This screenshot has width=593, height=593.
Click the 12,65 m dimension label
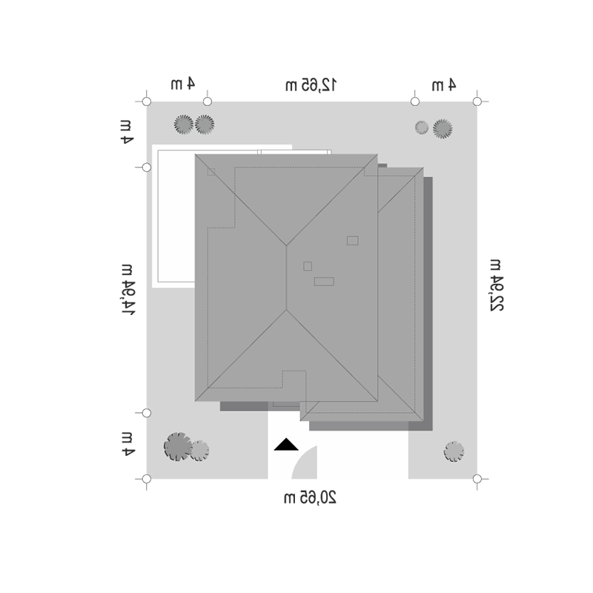[311, 85]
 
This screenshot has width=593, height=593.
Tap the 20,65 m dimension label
[310, 497]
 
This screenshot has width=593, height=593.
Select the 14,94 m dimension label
[127, 290]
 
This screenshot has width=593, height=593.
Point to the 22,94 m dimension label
[496, 285]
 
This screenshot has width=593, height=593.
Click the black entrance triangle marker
[286, 445]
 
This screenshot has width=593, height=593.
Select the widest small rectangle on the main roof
[324, 282]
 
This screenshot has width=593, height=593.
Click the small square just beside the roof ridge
[308, 266]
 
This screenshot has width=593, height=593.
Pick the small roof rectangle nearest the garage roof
[353, 240]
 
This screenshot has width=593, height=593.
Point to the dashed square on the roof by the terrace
[211, 172]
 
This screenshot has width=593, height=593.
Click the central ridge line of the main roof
[286, 278]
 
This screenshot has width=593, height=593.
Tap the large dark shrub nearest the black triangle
[178, 447]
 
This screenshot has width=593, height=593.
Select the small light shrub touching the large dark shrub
[199, 451]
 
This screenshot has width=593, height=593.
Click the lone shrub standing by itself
[454, 451]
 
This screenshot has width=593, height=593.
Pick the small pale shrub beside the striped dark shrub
[421, 127]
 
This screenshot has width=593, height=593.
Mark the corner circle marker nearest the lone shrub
[477, 479]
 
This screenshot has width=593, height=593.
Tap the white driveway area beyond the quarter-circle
[362, 454]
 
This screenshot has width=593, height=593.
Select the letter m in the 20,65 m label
[289, 498]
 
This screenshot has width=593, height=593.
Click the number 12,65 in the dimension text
[319, 85]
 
